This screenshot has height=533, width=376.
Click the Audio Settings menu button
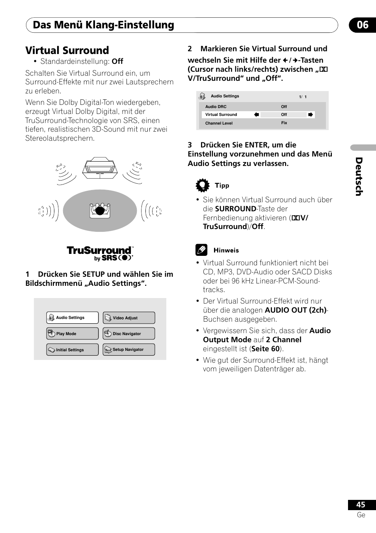pyautogui.click(x=73, y=318)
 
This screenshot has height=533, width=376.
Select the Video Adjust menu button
pyautogui.click(x=129, y=318)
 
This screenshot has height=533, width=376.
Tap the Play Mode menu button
pyautogui.click(x=73, y=334)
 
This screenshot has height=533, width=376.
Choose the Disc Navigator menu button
pyautogui.click(x=129, y=334)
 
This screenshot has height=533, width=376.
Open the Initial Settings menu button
pyautogui.click(x=73, y=350)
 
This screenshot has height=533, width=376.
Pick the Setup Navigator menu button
pyautogui.click(x=129, y=350)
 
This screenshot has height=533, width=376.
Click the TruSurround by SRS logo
pyautogui.click(x=100, y=253)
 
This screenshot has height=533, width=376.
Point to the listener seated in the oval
pyautogui.click(x=100, y=210)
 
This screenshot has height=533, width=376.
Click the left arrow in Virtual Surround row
pyautogui.click(x=257, y=115)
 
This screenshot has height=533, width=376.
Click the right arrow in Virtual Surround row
pyautogui.click(x=311, y=115)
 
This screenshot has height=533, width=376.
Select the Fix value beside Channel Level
pyautogui.click(x=284, y=123)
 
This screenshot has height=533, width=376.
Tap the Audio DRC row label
pyautogui.click(x=216, y=107)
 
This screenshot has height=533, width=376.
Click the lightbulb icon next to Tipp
pyautogui.click(x=202, y=185)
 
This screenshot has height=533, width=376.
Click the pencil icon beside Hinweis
pyautogui.click(x=201, y=250)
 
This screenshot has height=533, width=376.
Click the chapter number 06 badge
pyautogui.click(x=362, y=25)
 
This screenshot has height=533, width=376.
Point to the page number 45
pyautogui.click(x=361, y=505)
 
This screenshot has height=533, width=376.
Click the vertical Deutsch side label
pyautogui.click(x=359, y=176)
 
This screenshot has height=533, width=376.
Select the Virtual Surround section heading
pyautogui.click(x=67, y=50)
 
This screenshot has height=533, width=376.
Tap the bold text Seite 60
pyautogui.click(x=265, y=349)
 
